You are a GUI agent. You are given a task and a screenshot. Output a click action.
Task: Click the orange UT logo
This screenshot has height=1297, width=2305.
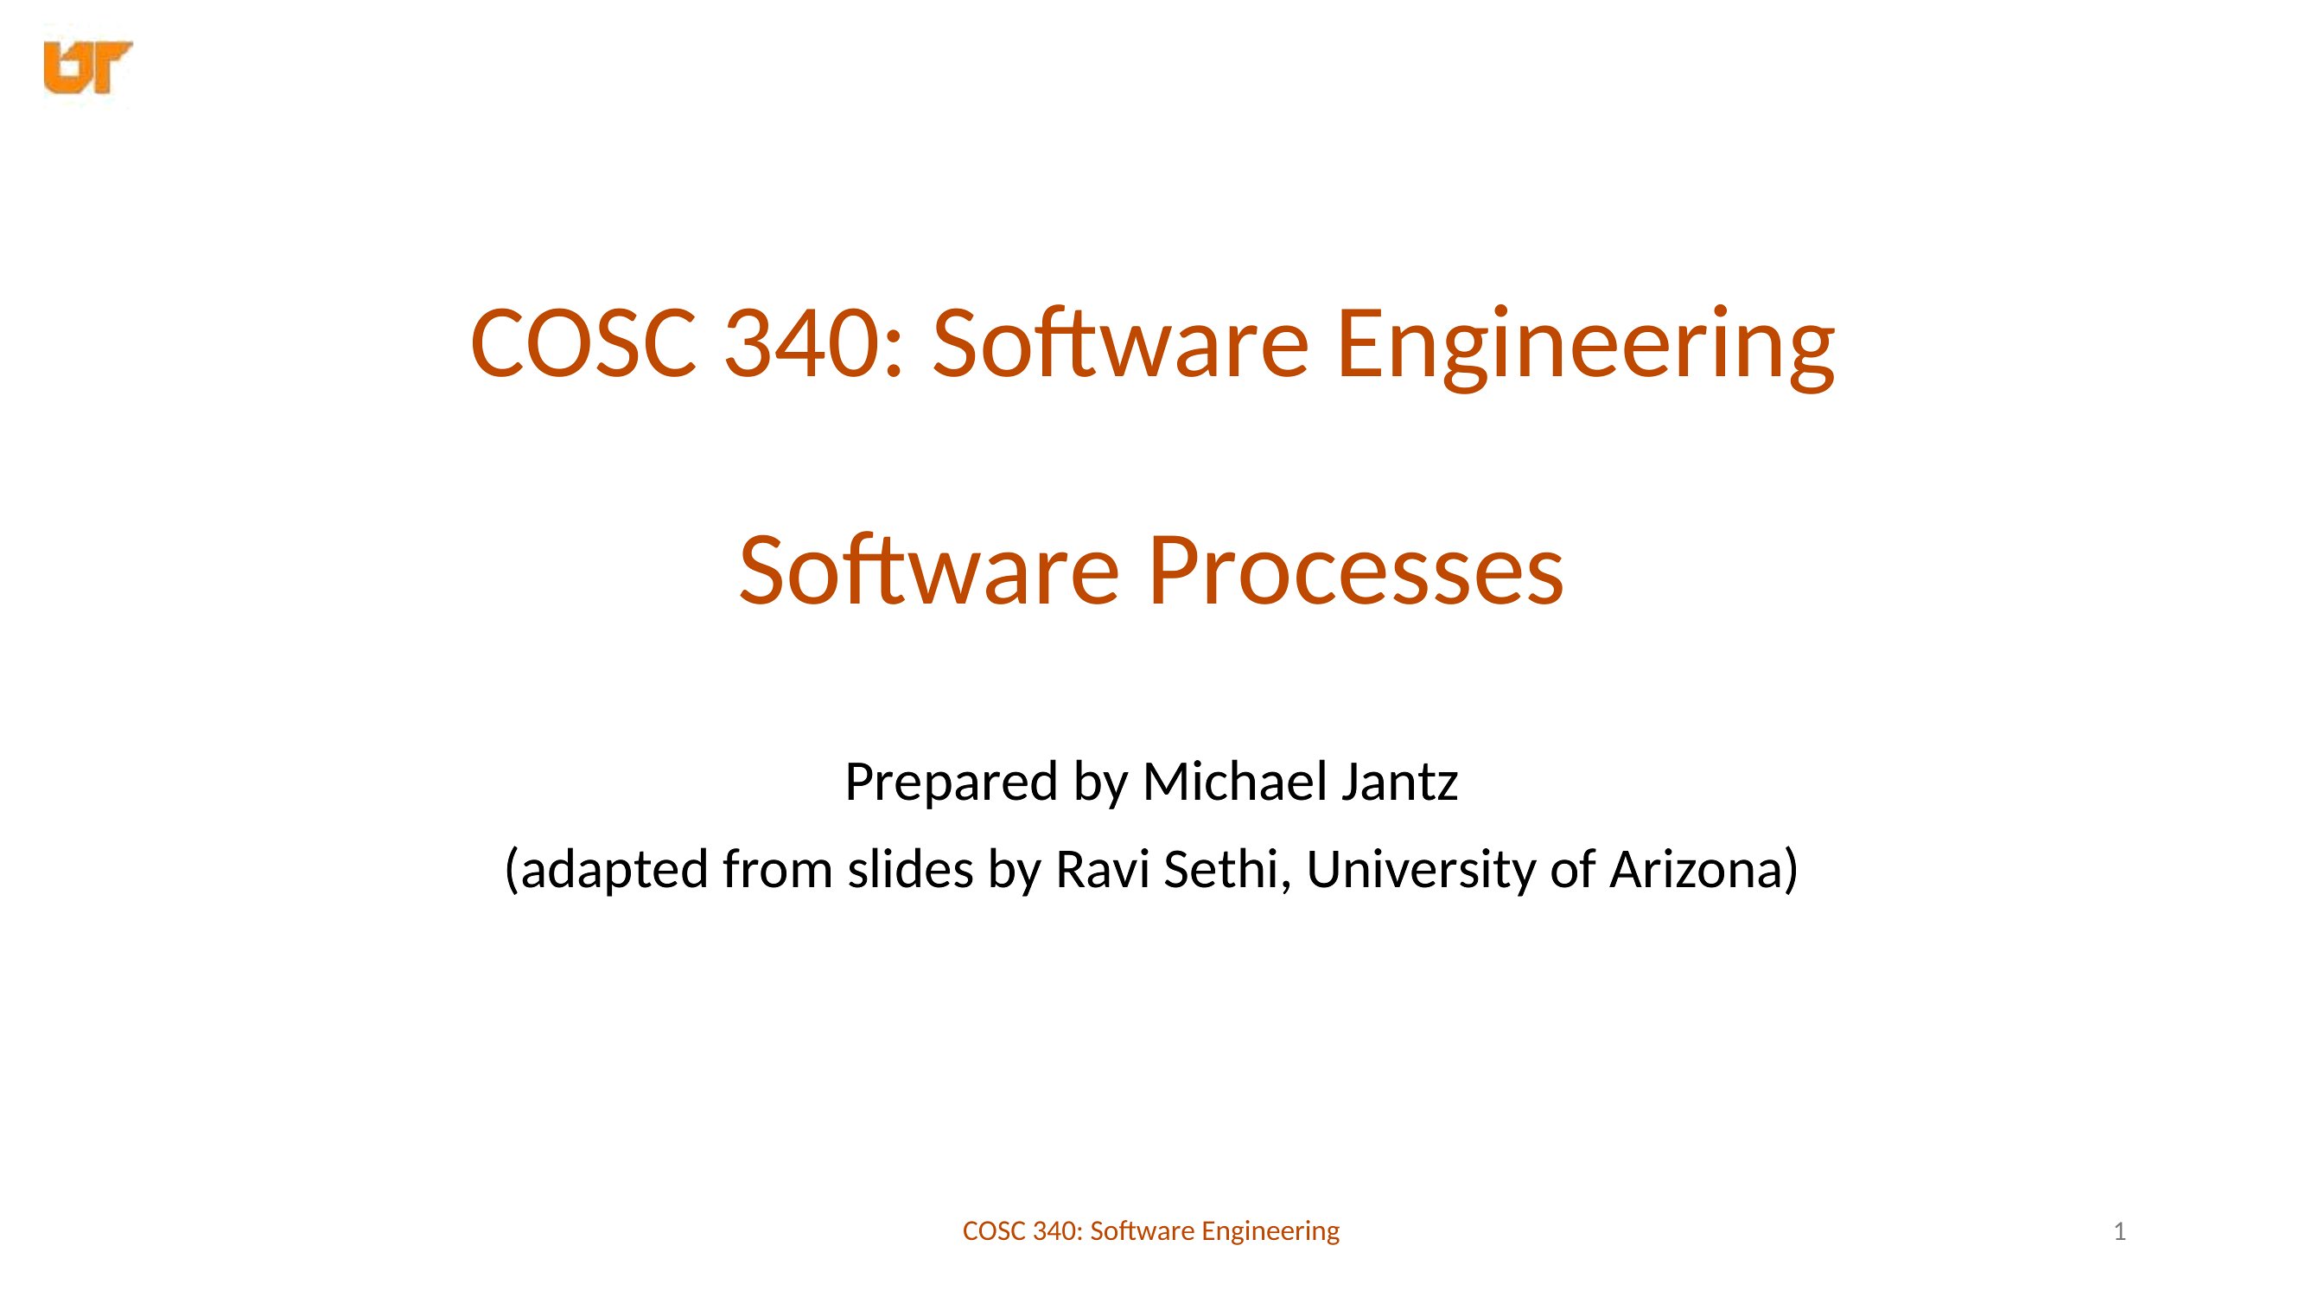[87, 67]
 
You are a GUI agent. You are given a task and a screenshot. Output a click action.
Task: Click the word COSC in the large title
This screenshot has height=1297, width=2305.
[583, 342]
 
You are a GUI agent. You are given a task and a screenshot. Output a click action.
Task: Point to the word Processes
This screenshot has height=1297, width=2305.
[1356, 570]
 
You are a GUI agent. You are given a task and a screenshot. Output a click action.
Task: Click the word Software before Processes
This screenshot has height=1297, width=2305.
[929, 570]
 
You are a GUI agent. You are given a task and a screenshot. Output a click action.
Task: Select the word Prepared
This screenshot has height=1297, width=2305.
[952, 783]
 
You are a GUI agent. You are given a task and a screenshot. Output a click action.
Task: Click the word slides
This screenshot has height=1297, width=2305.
[910, 868]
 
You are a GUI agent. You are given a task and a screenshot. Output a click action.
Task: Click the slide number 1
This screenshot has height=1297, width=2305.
[2119, 1231]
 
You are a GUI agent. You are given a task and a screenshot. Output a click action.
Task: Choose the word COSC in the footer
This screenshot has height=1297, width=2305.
[993, 1231]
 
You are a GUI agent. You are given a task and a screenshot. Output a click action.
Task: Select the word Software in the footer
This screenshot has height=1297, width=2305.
[1143, 1231]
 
